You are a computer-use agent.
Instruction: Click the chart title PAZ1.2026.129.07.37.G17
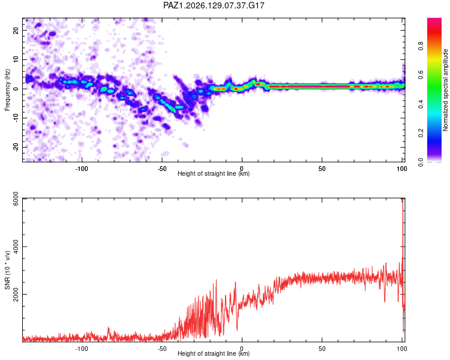pos(214,5)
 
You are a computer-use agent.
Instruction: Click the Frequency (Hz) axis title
pos(7,90)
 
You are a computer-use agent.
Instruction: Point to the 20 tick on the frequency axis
pos(16,31)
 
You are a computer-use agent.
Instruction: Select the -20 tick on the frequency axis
pos(16,147)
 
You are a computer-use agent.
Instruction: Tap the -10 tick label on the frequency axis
pos(16,118)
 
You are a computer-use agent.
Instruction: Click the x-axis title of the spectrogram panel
pos(214,173)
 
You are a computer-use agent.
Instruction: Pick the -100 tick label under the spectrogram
pos(82,169)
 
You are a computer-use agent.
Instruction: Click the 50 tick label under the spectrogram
pos(322,169)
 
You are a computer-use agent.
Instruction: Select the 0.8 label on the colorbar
pos(421,46)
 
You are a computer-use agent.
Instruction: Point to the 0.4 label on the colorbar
pos(421,104)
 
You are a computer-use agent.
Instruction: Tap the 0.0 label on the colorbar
pos(421,162)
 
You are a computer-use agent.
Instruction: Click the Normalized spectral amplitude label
pos(445,90)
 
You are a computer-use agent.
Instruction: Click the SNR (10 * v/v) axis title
pos(7,270)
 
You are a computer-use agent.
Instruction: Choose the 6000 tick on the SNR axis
pos(16,199)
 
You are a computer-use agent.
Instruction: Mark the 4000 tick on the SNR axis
pos(16,247)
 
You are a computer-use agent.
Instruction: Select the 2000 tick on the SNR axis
pos(16,294)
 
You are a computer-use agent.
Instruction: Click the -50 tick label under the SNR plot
pos(162,349)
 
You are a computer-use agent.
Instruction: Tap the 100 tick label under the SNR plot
pos(402,349)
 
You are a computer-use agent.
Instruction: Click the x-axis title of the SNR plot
pos(214,353)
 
